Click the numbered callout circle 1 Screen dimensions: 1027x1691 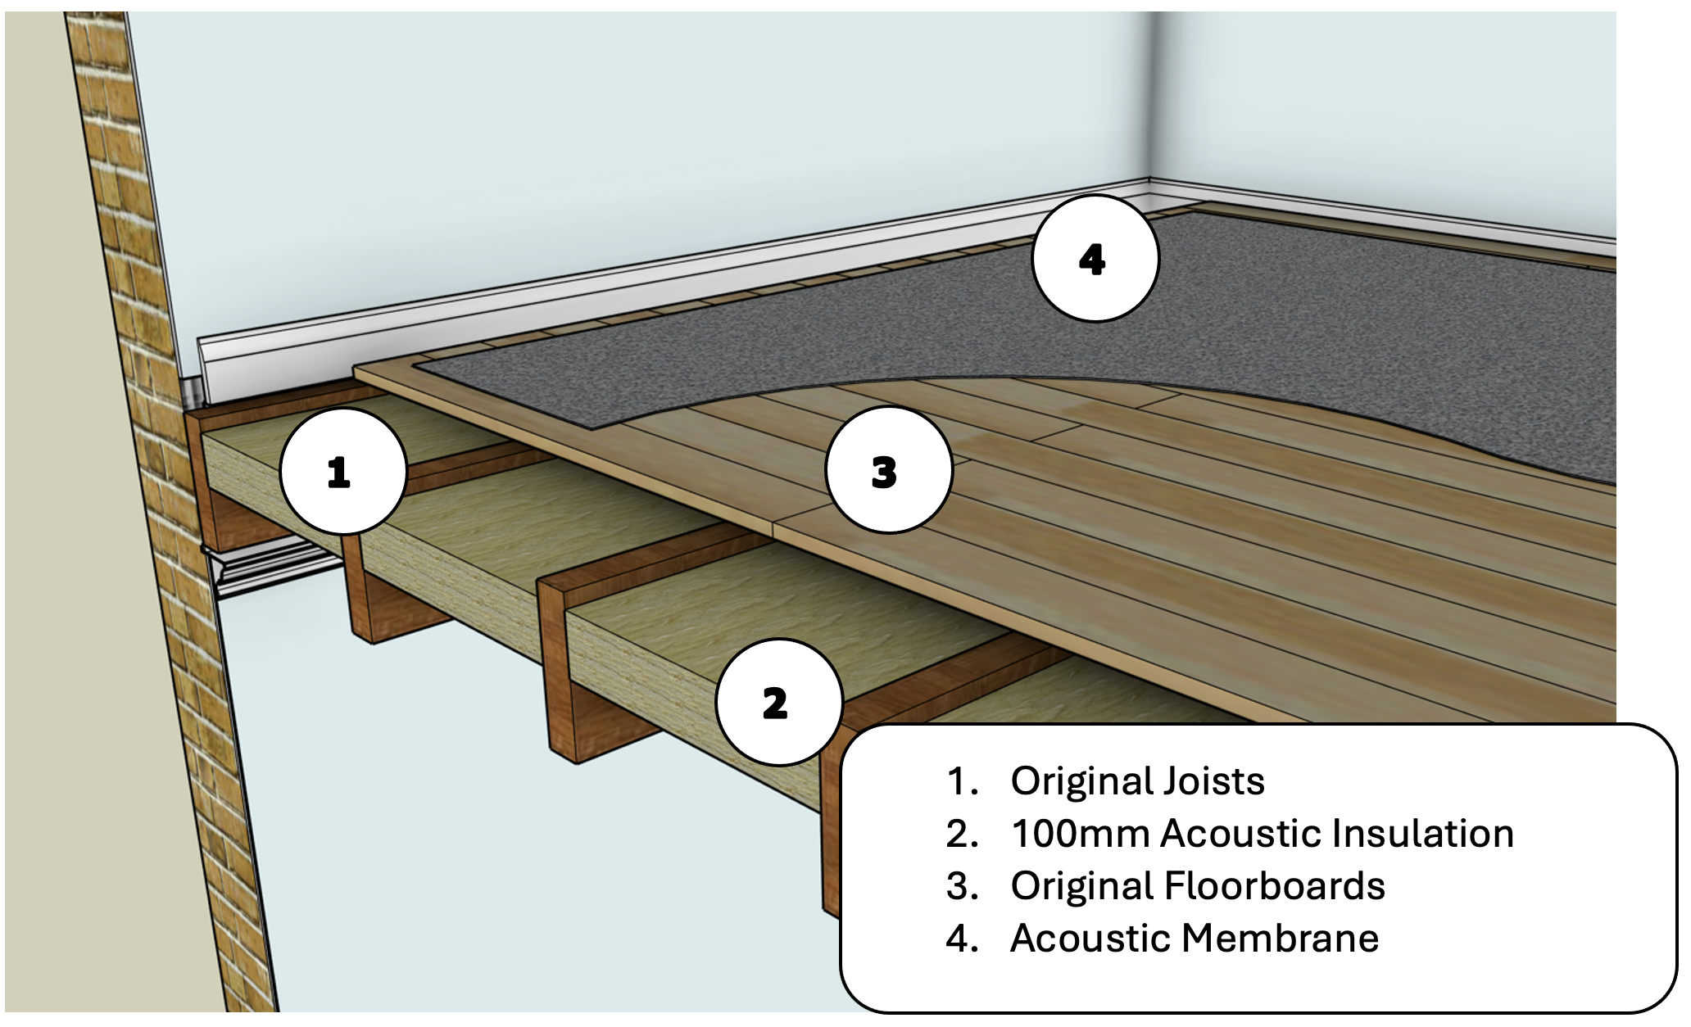[x=343, y=472]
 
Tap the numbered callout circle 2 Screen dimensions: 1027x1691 [x=778, y=703]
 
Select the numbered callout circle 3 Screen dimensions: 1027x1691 [x=889, y=472]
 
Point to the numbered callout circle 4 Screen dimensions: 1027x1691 [x=1095, y=259]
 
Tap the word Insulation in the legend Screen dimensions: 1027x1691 [x=1422, y=834]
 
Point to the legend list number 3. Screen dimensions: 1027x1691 [x=961, y=886]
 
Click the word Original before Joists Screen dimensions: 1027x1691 [x=1081, y=781]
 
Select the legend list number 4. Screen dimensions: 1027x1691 [x=961, y=939]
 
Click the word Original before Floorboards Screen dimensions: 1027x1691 [x=1081, y=886]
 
